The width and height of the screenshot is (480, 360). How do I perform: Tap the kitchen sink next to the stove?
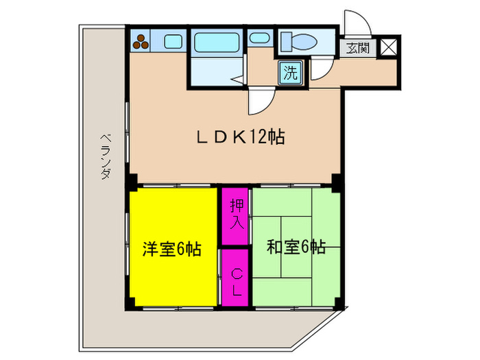(172, 41)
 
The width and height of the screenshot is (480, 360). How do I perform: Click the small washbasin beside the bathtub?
(259, 38)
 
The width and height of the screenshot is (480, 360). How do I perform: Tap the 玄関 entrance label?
(357, 48)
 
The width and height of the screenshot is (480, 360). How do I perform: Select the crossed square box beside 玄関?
(387, 47)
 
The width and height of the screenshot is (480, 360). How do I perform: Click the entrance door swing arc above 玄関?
(358, 23)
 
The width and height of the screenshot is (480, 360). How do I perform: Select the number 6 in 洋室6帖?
(179, 249)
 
